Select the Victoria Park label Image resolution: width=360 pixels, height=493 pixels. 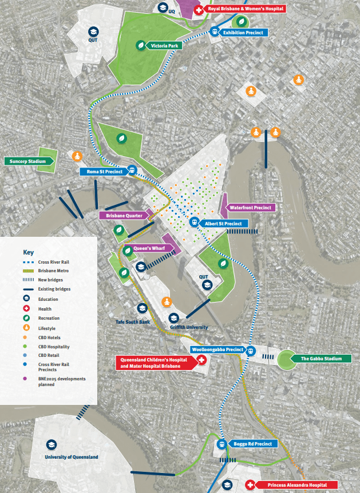[x=164, y=45]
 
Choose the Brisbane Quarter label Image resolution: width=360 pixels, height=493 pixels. [x=124, y=216]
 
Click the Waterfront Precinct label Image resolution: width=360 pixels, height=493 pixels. [x=251, y=207]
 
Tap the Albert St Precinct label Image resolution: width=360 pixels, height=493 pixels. [x=224, y=223]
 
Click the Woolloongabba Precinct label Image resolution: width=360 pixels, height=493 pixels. [x=217, y=349]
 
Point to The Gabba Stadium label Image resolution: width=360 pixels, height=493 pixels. [x=325, y=359]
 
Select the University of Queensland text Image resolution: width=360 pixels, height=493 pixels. [x=72, y=457]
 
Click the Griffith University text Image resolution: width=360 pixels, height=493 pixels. [x=189, y=327]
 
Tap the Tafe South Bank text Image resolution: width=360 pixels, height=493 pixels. [x=133, y=323]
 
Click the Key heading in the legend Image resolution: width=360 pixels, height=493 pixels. [x=29, y=252]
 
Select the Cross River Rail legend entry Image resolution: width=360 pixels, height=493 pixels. [x=54, y=261]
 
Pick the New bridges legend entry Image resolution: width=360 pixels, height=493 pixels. [x=50, y=279]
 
